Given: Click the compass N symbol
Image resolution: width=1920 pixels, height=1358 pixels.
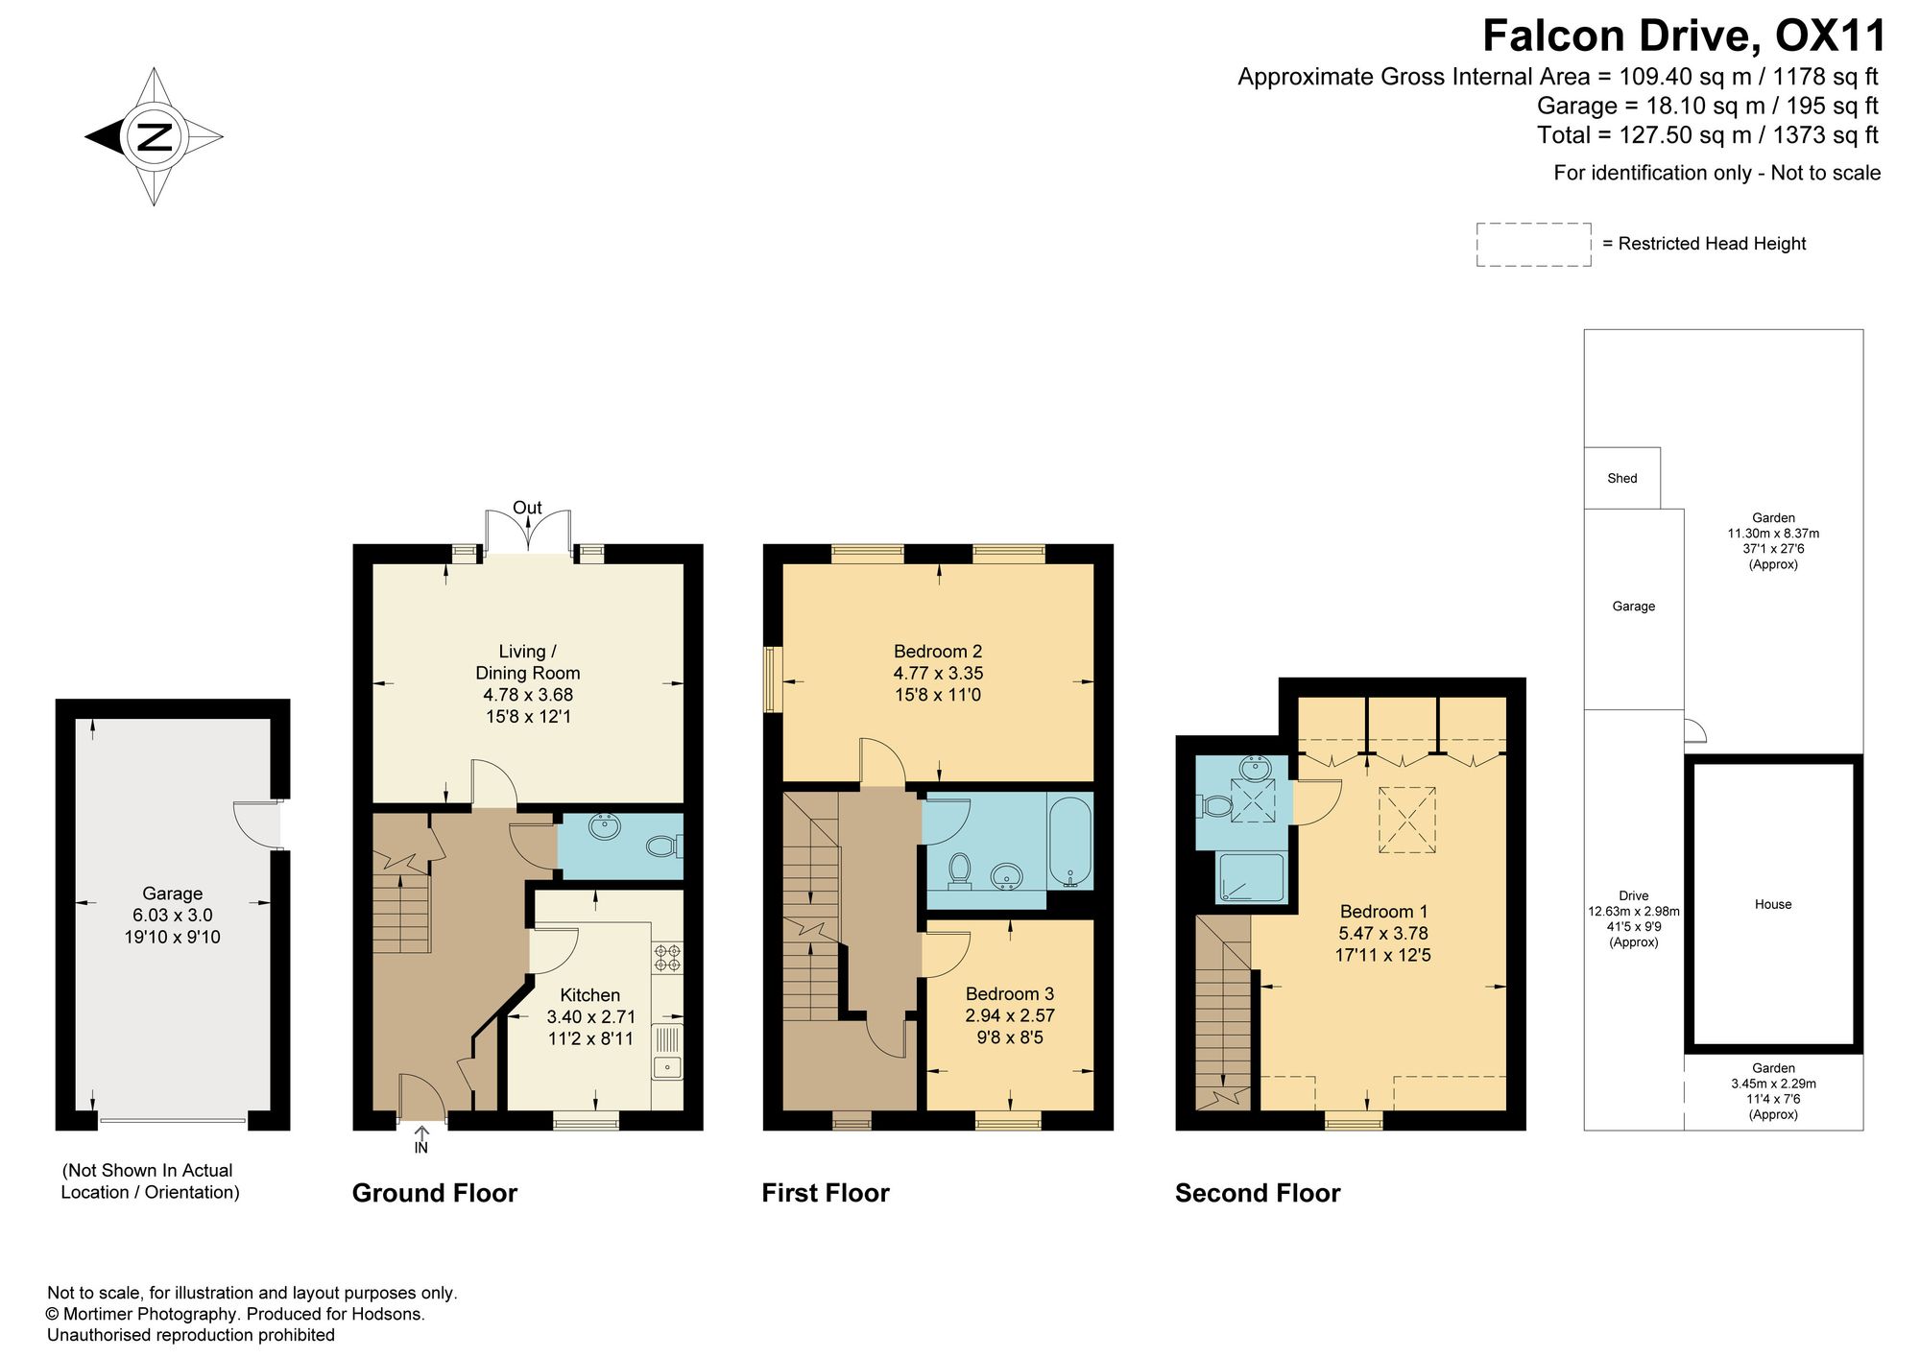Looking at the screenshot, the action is click(155, 136).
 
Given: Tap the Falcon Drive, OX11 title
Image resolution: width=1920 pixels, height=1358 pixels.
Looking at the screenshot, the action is click(1685, 36).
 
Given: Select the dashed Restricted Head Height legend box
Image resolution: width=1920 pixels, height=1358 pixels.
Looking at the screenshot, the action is click(1533, 245).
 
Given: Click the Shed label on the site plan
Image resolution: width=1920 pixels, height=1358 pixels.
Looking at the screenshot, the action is click(1622, 478).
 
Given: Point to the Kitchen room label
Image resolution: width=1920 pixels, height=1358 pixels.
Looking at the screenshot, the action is click(590, 995).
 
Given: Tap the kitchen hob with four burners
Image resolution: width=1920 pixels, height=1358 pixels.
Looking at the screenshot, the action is click(668, 958).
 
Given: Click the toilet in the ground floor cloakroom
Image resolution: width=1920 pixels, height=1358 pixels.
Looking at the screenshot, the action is click(664, 846).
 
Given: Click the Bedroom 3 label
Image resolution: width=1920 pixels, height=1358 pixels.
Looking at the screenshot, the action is click(1010, 994).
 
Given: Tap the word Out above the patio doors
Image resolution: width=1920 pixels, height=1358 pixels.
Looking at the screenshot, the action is click(527, 508).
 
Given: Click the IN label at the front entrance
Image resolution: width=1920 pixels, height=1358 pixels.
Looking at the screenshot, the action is click(421, 1148).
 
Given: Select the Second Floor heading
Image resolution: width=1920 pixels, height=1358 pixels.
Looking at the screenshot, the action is click(1258, 1193).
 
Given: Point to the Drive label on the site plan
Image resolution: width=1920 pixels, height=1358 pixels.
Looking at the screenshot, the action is click(1634, 896).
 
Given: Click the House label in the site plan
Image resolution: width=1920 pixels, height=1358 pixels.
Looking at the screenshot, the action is click(1773, 904).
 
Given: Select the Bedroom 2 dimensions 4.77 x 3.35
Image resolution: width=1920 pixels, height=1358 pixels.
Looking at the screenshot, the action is click(938, 673).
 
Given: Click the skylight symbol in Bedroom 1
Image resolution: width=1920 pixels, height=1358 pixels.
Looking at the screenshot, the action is click(1407, 820).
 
